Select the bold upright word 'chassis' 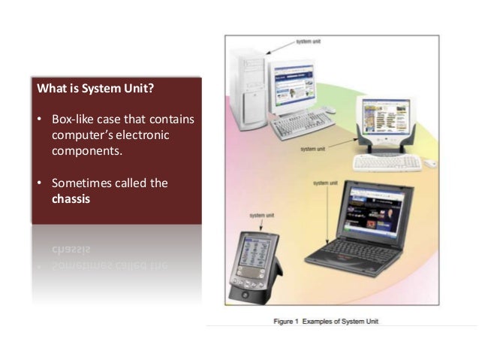[x=70, y=199]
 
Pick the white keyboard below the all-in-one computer [x=386, y=162]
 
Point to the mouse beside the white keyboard [x=429, y=163]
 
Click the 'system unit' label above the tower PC [x=309, y=41]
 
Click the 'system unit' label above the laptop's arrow [x=324, y=183]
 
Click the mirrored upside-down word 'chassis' [x=71, y=249]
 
